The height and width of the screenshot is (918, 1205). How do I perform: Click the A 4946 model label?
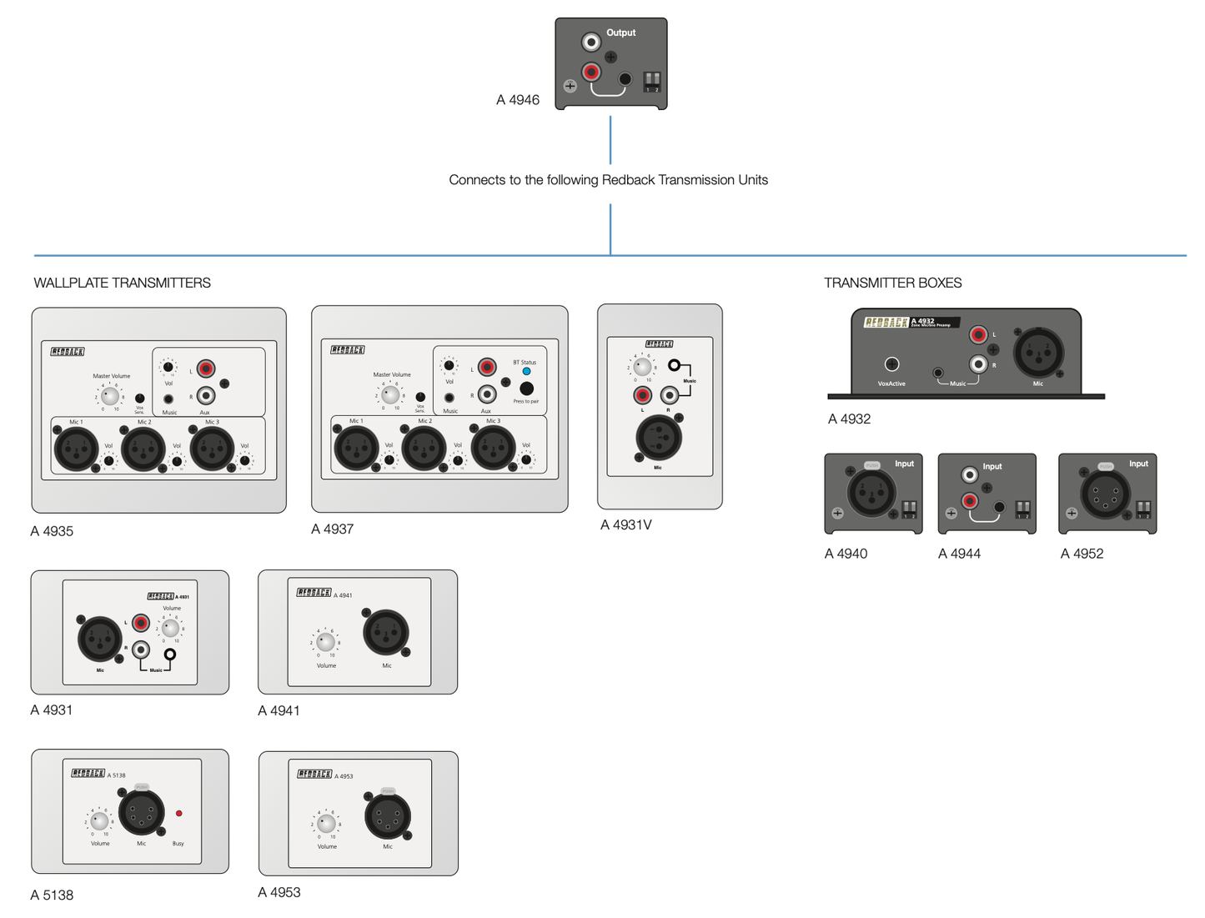tap(517, 100)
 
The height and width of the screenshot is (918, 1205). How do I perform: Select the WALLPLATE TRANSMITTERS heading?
tap(122, 283)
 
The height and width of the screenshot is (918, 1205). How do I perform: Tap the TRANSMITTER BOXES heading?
tap(892, 283)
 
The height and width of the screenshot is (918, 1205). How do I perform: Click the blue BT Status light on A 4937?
tap(526, 371)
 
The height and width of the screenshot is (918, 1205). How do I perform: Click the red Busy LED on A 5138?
tap(178, 813)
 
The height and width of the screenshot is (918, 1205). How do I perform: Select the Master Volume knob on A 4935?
tap(109, 396)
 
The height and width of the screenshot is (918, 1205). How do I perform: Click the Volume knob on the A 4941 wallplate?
tap(325, 642)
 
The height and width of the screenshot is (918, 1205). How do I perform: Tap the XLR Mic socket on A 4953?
tap(387, 816)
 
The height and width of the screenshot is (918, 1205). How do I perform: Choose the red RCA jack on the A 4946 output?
tap(591, 73)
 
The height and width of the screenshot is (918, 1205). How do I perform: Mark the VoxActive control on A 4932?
tap(891, 364)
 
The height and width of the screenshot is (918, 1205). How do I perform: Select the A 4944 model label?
tap(959, 554)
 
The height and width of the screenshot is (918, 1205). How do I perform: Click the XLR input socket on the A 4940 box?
tap(871, 493)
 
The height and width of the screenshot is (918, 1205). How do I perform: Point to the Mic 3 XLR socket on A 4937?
tap(493, 448)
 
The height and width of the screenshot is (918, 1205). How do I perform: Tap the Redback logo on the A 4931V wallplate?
tap(659, 344)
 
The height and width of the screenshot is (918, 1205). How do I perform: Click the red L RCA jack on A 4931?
tap(141, 623)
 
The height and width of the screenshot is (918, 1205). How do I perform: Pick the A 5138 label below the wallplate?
tap(52, 895)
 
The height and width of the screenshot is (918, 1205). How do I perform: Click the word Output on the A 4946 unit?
tap(620, 33)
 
